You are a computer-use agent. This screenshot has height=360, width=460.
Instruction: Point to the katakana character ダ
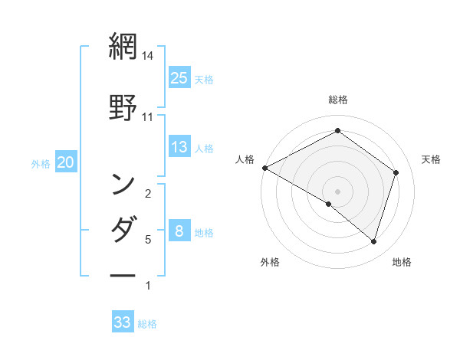[123, 229]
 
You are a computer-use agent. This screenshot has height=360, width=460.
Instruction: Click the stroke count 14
[148, 56]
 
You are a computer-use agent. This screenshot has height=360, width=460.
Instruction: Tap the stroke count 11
[148, 117]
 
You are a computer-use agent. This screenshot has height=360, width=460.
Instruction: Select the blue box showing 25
[179, 78]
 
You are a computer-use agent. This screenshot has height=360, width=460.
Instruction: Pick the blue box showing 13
[179, 147]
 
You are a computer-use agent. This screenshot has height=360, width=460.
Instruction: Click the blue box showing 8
[179, 231]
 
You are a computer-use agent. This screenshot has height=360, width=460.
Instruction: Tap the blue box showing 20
[65, 162]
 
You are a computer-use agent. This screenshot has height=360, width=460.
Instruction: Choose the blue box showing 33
[123, 322]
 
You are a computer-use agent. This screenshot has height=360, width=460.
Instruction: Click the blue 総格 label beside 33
[147, 324]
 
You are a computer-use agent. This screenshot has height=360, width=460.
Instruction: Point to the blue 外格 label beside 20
[40, 163]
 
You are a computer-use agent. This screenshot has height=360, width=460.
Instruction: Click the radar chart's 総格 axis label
[338, 100]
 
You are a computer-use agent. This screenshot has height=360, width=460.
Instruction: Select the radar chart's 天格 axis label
[432, 159]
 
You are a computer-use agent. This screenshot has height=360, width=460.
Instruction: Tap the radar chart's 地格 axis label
[402, 263]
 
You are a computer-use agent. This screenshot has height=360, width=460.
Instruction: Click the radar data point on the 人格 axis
[264, 167]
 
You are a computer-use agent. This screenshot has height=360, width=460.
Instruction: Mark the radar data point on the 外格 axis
[329, 204]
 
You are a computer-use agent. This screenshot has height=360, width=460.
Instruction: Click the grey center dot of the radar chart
[337, 191]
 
